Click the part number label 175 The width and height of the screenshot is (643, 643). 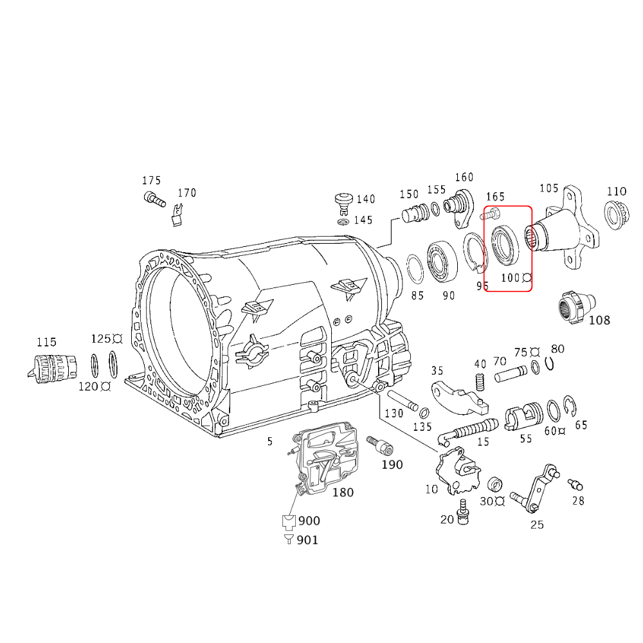[x=152, y=181]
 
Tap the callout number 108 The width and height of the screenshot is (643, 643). [x=599, y=320]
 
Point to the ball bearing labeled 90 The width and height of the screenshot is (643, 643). [x=442, y=261]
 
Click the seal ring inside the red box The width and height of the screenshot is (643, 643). [x=503, y=244]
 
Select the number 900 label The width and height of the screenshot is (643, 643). [x=309, y=521]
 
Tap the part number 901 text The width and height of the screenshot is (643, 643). [x=307, y=540]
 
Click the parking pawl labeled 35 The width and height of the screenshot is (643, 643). [x=457, y=397]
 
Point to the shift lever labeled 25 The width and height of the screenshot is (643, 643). [x=538, y=490]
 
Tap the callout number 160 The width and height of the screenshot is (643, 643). [x=464, y=177]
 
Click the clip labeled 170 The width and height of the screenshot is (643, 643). [x=178, y=214]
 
